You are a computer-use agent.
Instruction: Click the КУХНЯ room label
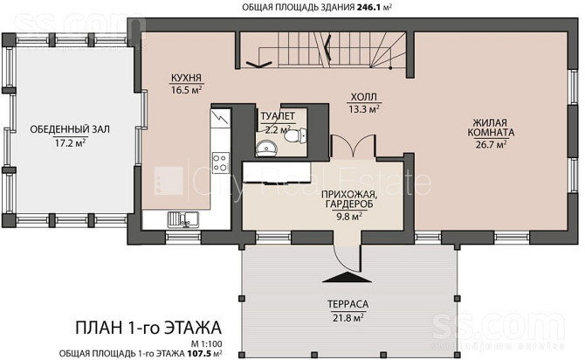(186, 78)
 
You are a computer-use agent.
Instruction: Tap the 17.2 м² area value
(70, 142)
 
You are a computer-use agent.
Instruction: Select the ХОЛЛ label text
(364, 98)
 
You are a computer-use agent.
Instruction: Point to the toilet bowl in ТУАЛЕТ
(295, 135)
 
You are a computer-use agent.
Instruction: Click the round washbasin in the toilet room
(267, 149)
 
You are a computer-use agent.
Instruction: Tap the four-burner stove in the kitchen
(219, 163)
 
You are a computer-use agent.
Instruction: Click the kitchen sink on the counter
(182, 219)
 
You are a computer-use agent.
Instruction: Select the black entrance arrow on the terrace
(347, 277)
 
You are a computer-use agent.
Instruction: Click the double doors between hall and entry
(353, 146)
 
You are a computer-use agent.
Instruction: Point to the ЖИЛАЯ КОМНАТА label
(491, 128)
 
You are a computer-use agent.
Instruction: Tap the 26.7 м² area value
(491, 144)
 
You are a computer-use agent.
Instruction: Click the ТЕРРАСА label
(348, 304)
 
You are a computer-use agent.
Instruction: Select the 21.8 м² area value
(348, 318)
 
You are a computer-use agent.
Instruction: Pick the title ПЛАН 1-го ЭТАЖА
(148, 328)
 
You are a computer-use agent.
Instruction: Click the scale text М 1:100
(207, 344)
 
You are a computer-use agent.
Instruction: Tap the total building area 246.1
(368, 7)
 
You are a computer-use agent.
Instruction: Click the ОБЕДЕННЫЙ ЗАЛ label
(70, 129)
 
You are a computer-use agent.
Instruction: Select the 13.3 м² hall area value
(364, 109)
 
